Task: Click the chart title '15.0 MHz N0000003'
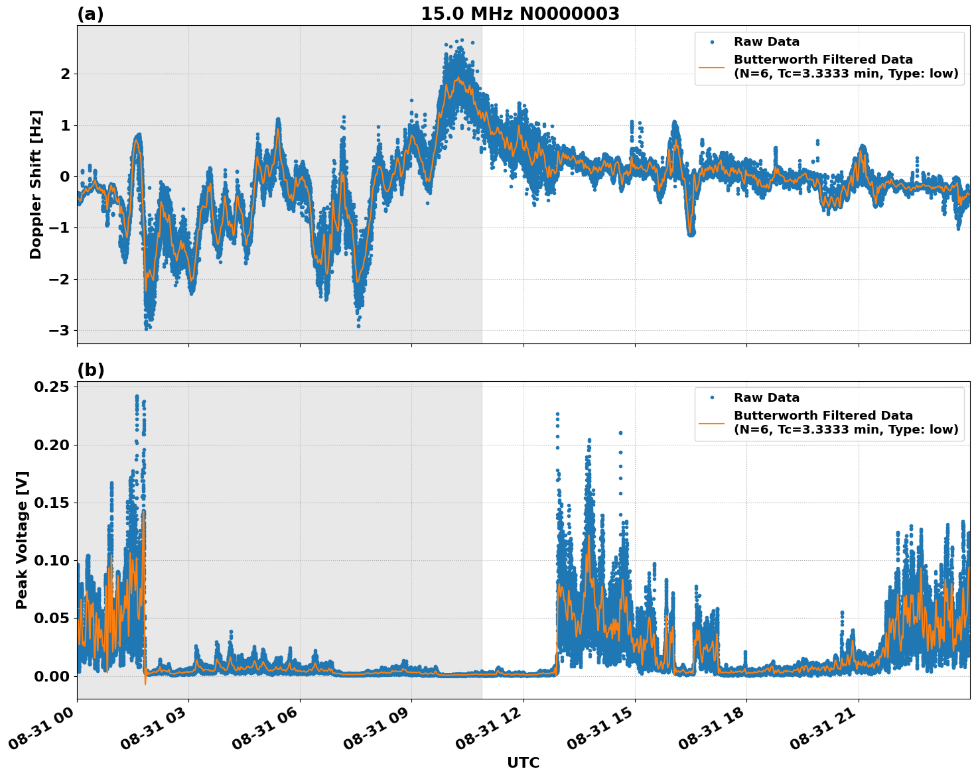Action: coord(520,14)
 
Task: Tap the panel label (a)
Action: coord(90,14)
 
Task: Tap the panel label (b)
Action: coord(90,370)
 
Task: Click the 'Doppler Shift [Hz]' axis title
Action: coord(36,184)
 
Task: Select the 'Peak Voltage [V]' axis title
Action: coord(22,540)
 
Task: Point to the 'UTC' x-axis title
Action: coord(523,762)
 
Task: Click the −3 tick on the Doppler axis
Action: coord(61,330)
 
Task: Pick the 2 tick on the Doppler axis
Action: coord(65,74)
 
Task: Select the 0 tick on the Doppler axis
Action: coord(65,176)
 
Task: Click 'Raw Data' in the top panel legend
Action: coord(766,42)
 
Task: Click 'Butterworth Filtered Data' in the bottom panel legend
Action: coord(823,416)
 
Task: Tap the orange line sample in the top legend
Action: coord(712,67)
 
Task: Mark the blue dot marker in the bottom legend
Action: coord(712,398)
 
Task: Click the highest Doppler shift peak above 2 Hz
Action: coord(462,40)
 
